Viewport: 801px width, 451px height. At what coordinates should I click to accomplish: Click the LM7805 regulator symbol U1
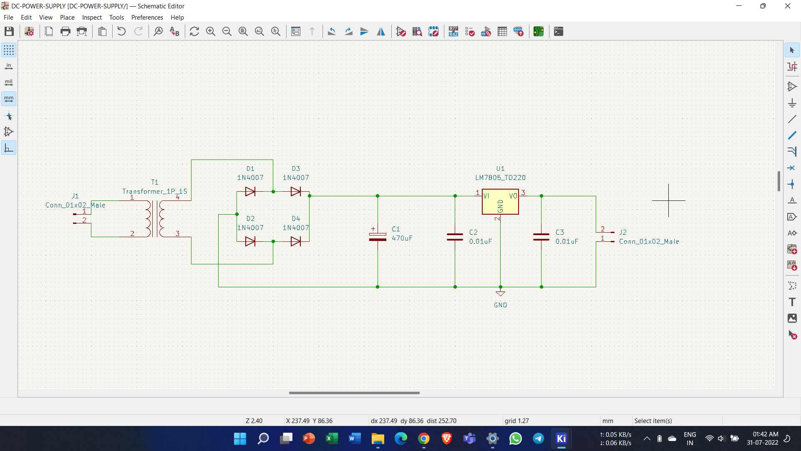pyautogui.click(x=500, y=202)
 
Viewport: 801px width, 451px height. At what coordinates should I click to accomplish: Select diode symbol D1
pyautogui.click(x=250, y=192)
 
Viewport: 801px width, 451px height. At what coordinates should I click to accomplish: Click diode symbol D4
pyautogui.click(x=296, y=241)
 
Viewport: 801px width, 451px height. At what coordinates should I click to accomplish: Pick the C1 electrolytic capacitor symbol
pyautogui.click(x=378, y=237)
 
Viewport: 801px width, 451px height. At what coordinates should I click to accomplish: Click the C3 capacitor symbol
pyautogui.click(x=541, y=237)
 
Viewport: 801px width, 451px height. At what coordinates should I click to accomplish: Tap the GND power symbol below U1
pyautogui.click(x=500, y=294)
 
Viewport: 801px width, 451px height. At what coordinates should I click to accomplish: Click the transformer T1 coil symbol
pyautogui.click(x=155, y=218)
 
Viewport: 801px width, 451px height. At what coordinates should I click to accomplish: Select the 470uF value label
pyautogui.click(x=402, y=238)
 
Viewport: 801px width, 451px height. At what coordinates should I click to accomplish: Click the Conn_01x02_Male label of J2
pyautogui.click(x=649, y=241)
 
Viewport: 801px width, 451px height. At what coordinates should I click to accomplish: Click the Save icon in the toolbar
pyautogui.click(x=9, y=31)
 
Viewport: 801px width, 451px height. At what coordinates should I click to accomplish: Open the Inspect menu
pyautogui.click(x=92, y=18)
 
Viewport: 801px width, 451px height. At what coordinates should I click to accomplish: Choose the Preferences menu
pyautogui.click(x=147, y=18)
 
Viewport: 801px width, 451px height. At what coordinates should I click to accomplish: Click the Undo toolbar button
pyautogui.click(x=121, y=31)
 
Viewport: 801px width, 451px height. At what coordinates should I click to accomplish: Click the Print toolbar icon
pyautogui.click(x=65, y=31)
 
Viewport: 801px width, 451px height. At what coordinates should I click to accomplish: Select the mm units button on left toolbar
pyautogui.click(x=9, y=99)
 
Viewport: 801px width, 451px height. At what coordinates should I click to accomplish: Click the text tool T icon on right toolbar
pyautogui.click(x=792, y=302)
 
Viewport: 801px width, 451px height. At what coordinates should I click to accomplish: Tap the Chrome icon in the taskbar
pyautogui.click(x=424, y=438)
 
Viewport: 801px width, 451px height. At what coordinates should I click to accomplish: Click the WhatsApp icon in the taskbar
pyautogui.click(x=515, y=438)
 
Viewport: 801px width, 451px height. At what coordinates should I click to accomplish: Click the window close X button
pyautogui.click(x=787, y=6)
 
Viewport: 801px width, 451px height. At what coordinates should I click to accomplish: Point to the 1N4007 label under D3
pyautogui.click(x=296, y=177)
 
